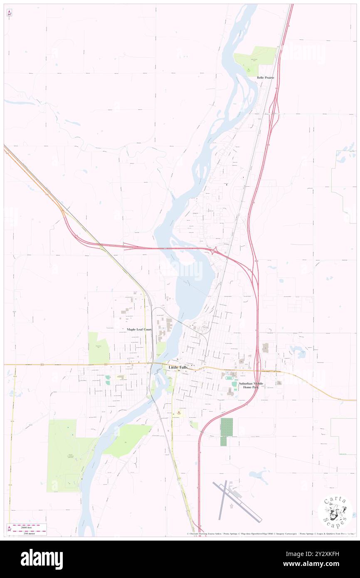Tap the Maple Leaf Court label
tap(139, 329)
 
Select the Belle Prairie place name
tap(266, 78)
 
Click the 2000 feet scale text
tap(30, 526)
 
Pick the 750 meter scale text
tap(30, 533)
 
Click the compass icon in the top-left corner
tap(9, 13)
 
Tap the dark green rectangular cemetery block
tap(227, 428)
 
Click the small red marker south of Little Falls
tap(179, 413)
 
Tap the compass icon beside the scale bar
tap(9, 529)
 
